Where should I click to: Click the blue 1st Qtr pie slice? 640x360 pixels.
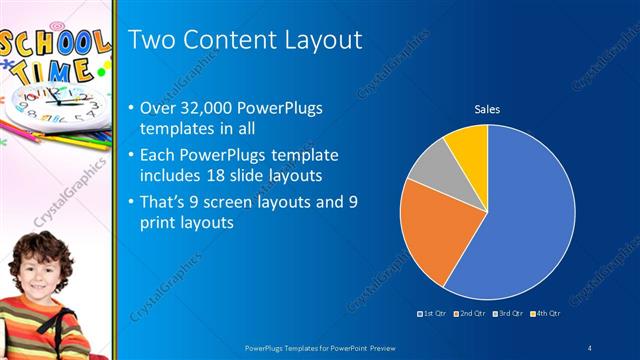coord(525,215)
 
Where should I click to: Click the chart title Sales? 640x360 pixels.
coord(487,109)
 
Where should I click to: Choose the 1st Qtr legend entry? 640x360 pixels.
coord(433,313)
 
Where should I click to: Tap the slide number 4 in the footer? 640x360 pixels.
coord(590,347)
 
